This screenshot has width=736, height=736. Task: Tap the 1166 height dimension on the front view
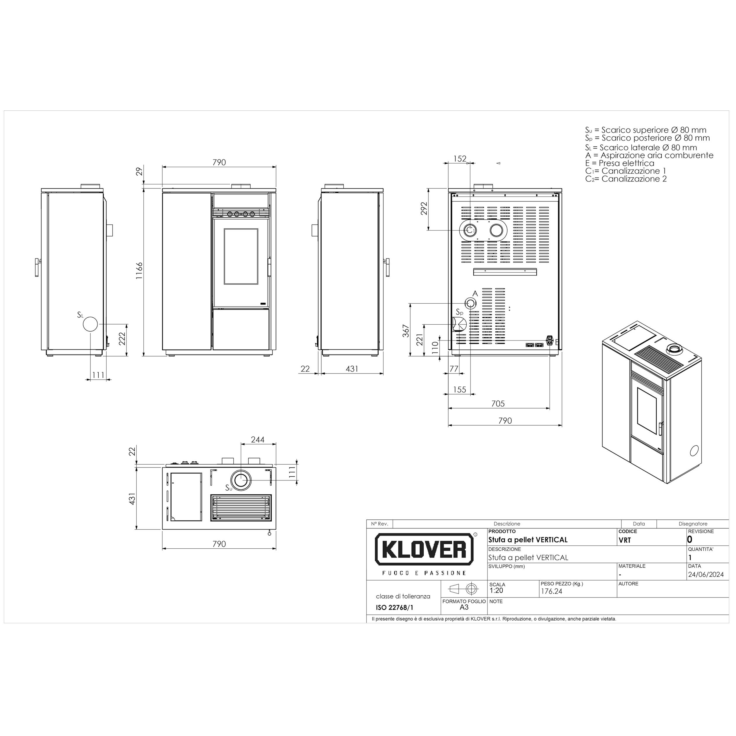pos(139,271)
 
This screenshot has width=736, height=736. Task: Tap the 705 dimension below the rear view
pos(498,403)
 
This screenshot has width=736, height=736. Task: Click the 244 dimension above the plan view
pos(258,440)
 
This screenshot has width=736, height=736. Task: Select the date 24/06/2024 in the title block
pos(706,574)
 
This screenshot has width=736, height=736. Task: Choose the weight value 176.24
pos(552,591)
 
